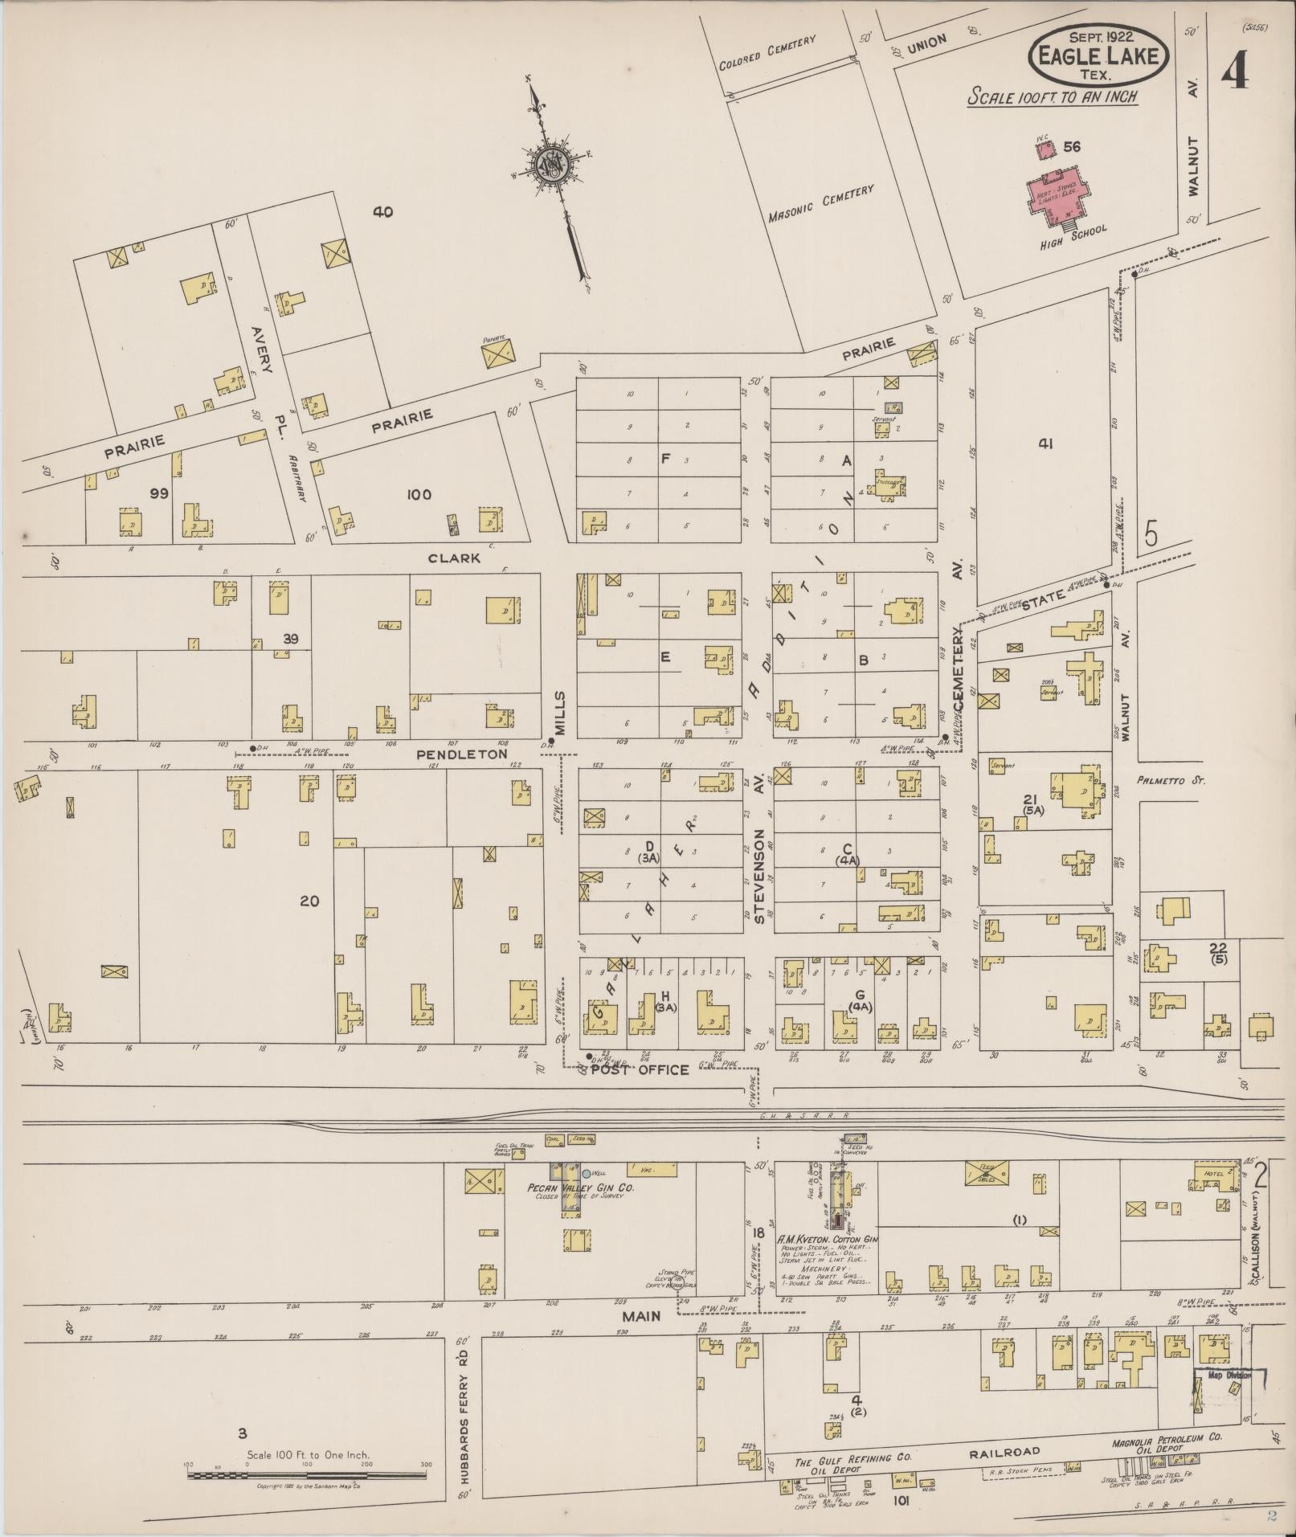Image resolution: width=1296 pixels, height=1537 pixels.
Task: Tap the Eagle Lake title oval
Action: tap(1098, 55)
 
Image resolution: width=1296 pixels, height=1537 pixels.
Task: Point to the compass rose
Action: tap(554, 162)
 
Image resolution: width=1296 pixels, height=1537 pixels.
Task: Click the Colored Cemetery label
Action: tap(767, 52)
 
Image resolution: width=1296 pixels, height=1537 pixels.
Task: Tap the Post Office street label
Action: tap(640, 1069)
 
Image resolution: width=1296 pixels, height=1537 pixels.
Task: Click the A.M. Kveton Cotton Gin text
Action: tap(828, 1240)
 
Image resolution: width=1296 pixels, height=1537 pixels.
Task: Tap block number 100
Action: tap(419, 494)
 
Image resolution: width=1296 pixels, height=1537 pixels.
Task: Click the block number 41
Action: tap(1045, 443)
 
